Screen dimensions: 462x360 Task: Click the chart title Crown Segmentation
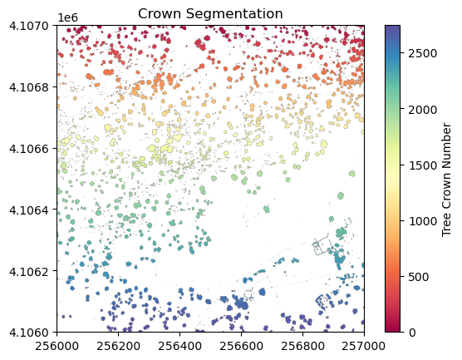(210, 13)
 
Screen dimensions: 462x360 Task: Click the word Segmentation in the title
(236, 14)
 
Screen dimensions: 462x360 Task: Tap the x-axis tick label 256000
(57, 346)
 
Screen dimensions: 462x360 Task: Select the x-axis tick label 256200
(119, 346)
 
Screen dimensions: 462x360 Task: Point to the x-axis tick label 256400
(179, 346)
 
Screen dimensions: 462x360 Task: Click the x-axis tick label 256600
(241, 346)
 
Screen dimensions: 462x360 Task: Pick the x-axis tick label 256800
(303, 346)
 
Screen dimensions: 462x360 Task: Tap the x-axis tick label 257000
(364, 346)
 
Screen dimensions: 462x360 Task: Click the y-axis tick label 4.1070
(29, 26)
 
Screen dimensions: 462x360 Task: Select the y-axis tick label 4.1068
(29, 87)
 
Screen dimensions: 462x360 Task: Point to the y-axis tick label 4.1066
(29, 149)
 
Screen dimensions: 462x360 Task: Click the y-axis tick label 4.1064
(29, 210)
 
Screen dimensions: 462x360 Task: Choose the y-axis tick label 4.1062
(29, 271)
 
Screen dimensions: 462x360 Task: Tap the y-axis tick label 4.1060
(29, 333)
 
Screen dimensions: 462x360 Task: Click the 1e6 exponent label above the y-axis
(68, 17)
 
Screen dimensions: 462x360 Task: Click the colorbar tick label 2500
(422, 54)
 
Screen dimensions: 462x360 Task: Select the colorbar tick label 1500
(422, 165)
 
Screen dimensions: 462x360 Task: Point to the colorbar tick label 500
(419, 277)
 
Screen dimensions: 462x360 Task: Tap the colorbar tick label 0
(412, 333)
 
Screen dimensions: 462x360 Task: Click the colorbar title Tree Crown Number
(447, 180)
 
